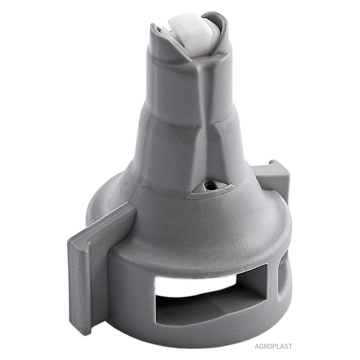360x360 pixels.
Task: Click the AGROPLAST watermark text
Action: click(274, 346)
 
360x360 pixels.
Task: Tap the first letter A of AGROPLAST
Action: click(257, 346)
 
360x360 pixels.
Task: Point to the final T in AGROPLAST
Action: click(290, 346)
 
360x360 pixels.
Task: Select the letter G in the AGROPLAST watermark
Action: click(262, 346)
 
